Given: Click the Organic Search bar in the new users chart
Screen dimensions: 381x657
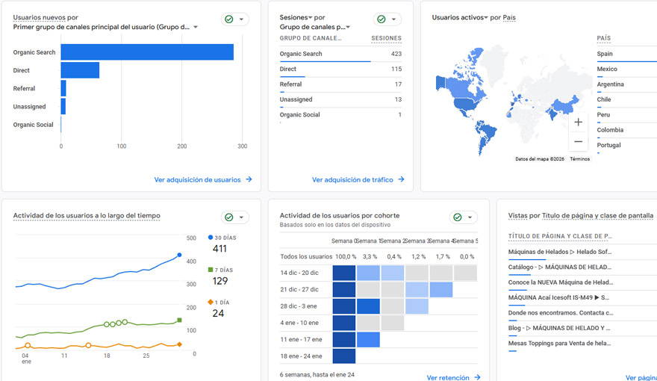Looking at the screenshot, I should click(147, 52).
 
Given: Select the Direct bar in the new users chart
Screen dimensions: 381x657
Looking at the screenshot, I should click(80, 70).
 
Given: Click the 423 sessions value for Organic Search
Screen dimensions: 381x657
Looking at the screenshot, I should click(395, 54).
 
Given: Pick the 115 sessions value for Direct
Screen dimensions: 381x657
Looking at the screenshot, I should click(396, 69).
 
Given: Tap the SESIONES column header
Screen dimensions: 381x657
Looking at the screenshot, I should click(386, 38).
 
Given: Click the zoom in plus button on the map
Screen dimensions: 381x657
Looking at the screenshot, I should click(578, 122).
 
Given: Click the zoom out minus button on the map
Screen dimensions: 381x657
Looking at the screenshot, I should click(578, 141).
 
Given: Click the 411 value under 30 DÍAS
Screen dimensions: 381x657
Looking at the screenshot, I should click(219, 249).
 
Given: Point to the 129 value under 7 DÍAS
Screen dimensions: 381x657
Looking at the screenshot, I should click(219, 281).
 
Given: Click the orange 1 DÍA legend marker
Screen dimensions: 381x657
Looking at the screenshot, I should click(211, 302).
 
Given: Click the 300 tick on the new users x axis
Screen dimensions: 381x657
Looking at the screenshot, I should click(242, 146).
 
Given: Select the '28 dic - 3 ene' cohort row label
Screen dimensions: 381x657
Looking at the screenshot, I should click(299, 306).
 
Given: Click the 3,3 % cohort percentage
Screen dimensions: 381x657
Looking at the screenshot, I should click(368, 256).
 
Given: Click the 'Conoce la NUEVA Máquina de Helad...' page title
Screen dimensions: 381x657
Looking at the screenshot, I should click(560, 282).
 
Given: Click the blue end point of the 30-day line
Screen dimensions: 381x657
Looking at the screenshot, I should click(179, 255).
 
